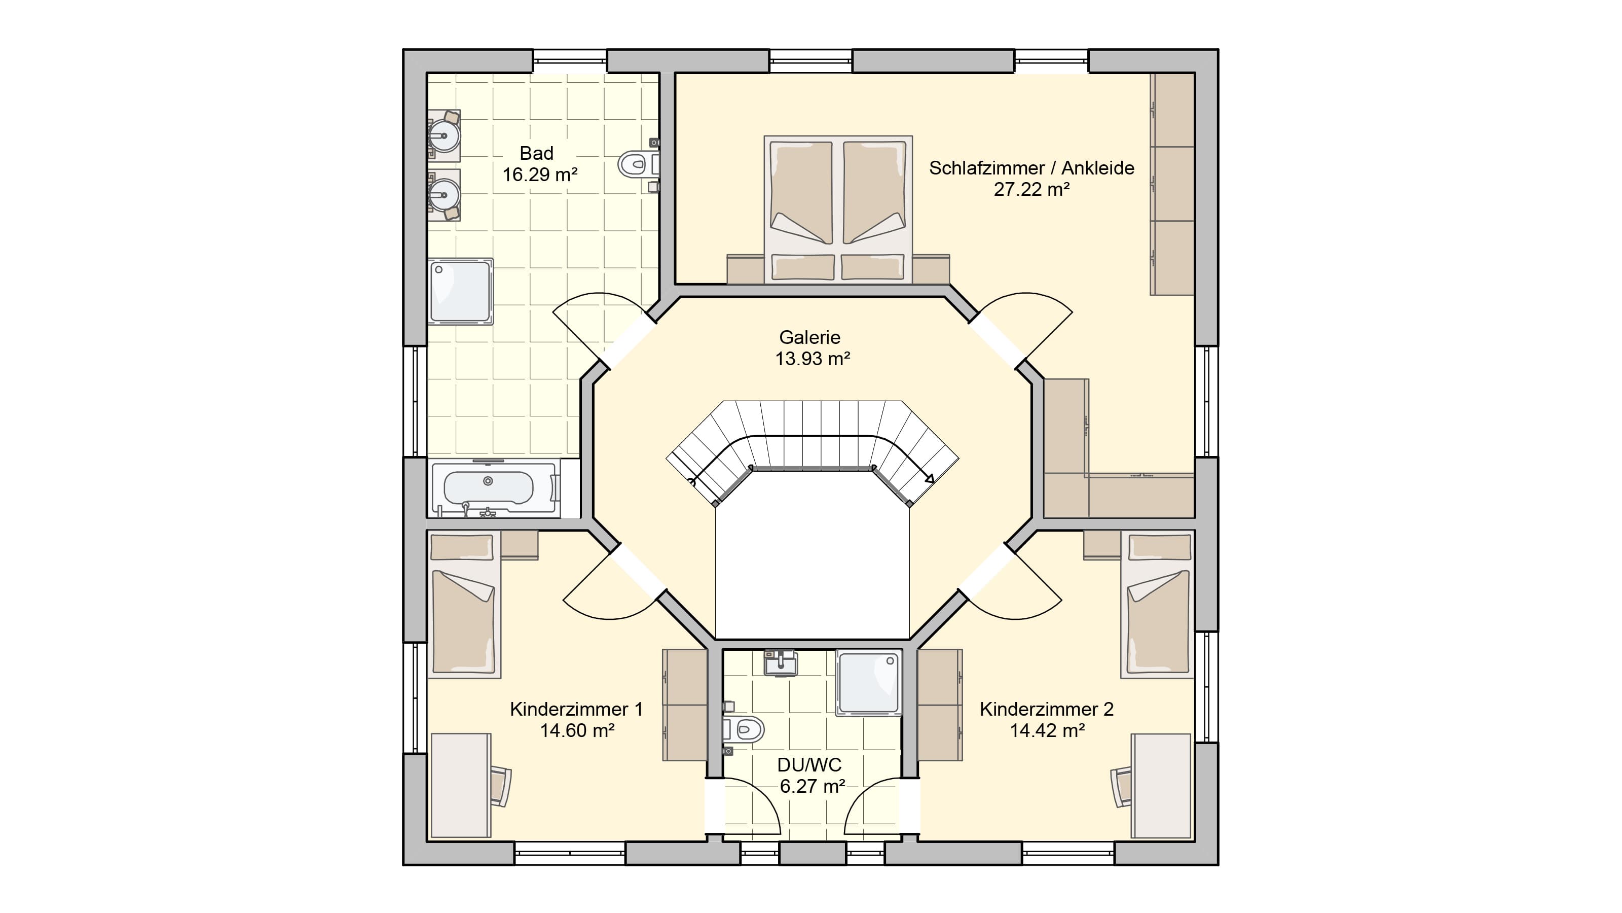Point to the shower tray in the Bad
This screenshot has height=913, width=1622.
pos(460,292)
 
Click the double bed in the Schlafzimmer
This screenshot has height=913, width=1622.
pos(838,209)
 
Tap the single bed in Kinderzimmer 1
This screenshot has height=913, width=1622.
pos(464,605)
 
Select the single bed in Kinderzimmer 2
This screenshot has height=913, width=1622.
pos(1157,605)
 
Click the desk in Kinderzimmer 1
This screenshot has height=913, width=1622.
pos(461,786)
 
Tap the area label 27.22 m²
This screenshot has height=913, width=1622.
pos(1032,189)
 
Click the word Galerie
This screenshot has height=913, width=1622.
pos(810,337)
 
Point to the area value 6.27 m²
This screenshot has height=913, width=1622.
pos(812,786)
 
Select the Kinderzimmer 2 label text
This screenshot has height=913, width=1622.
pos(1047,709)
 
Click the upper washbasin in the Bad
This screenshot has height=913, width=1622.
pos(445,135)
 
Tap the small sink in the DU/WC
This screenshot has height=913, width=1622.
pos(781,663)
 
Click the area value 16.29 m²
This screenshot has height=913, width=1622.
pos(540,174)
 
